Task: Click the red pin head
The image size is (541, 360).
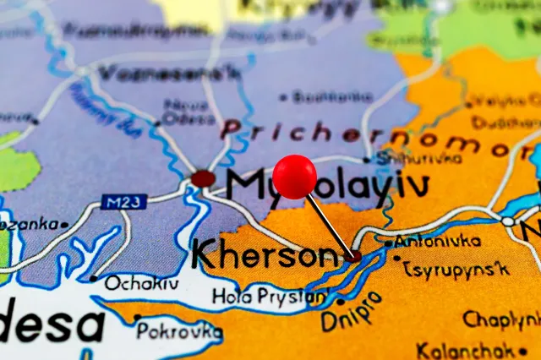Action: tap(294, 177)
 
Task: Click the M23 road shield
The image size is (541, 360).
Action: tap(123, 202)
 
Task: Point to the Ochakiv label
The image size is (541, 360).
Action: tap(141, 283)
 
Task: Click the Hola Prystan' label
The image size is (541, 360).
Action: tap(270, 297)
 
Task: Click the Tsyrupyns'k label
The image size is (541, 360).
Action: tap(456, 270)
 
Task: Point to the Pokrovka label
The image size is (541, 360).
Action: tap(179, 330)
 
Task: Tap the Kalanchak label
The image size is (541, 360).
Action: tap(466, 349)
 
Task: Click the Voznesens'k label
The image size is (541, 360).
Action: tap(168, 73)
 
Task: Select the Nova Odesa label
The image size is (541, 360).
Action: tap(187, 112)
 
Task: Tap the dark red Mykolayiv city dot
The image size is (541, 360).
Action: tap(203, 178)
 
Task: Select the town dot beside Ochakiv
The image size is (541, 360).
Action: tap(93, 278)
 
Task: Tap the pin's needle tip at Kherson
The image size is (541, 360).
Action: tap(356, 255)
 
